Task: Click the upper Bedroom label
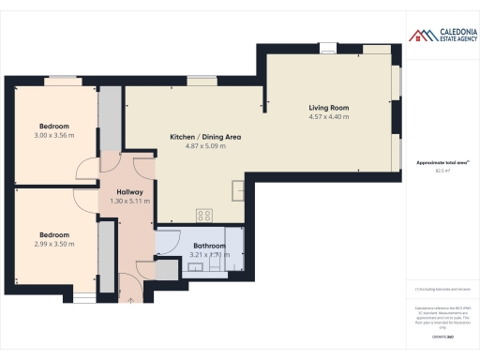[x=53, y=127]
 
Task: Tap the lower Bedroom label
[x=53, y=234]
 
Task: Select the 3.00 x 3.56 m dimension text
[x=53, y=136]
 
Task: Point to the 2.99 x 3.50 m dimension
[x=53, y=244]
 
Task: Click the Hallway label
[x=116, y=191]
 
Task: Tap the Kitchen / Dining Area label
[x=205, y=137]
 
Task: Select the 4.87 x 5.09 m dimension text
[x=205, y=146]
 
